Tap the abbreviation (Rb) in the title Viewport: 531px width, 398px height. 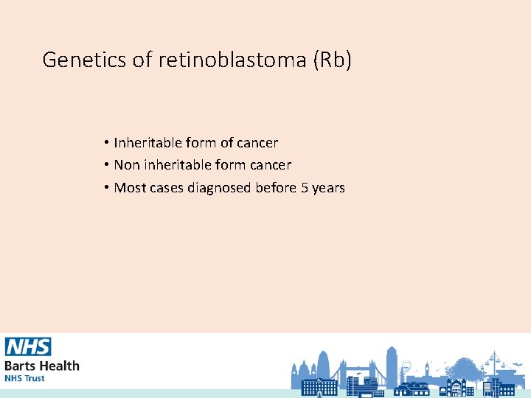tap(333, 60)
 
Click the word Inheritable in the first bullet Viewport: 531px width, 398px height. tap(150, 142)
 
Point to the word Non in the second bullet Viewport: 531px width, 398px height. tap(127, 165)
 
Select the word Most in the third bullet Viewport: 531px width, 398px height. tap(130, 188)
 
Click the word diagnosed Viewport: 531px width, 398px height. tap(219, 188)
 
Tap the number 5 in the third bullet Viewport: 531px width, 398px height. tap(304, 188)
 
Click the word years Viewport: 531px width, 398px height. tap(328, 188)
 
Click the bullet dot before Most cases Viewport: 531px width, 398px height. tap(107, 188)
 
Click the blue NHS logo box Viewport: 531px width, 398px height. tap(28, 347)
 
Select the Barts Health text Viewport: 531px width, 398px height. tap(42, 365)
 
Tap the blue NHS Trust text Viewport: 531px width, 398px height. tap(24, 378)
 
